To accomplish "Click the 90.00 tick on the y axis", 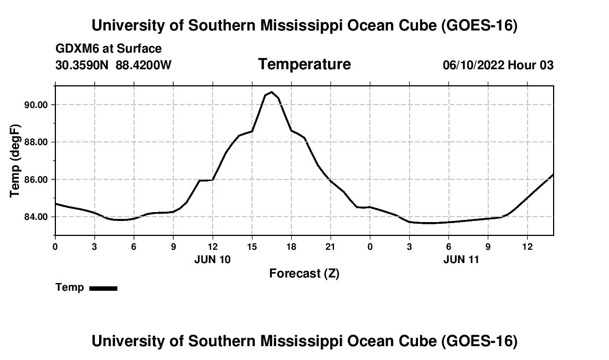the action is point(36,105).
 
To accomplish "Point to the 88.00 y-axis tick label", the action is point(36,142).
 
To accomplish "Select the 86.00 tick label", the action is point(36,180).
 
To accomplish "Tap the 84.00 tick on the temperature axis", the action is point(36,217).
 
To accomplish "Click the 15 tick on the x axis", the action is point(252,247).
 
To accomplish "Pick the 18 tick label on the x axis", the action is point(291,247).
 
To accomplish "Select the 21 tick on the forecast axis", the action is point(331,247).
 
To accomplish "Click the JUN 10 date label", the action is point(213,260).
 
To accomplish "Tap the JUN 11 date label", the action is point(461,260).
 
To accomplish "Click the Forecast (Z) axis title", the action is point(304,274).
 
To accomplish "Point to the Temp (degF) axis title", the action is point(15,161).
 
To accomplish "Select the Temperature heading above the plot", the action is point(304,64).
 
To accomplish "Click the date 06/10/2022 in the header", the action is point(474,65).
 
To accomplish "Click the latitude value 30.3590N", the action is point(82,65).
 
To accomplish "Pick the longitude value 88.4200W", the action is point(143,65).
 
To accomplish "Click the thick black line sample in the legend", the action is point(104,288).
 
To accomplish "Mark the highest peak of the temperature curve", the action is point(271,92).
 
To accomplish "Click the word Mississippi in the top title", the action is point(301,25).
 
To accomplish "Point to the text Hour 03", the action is point(530,65).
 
